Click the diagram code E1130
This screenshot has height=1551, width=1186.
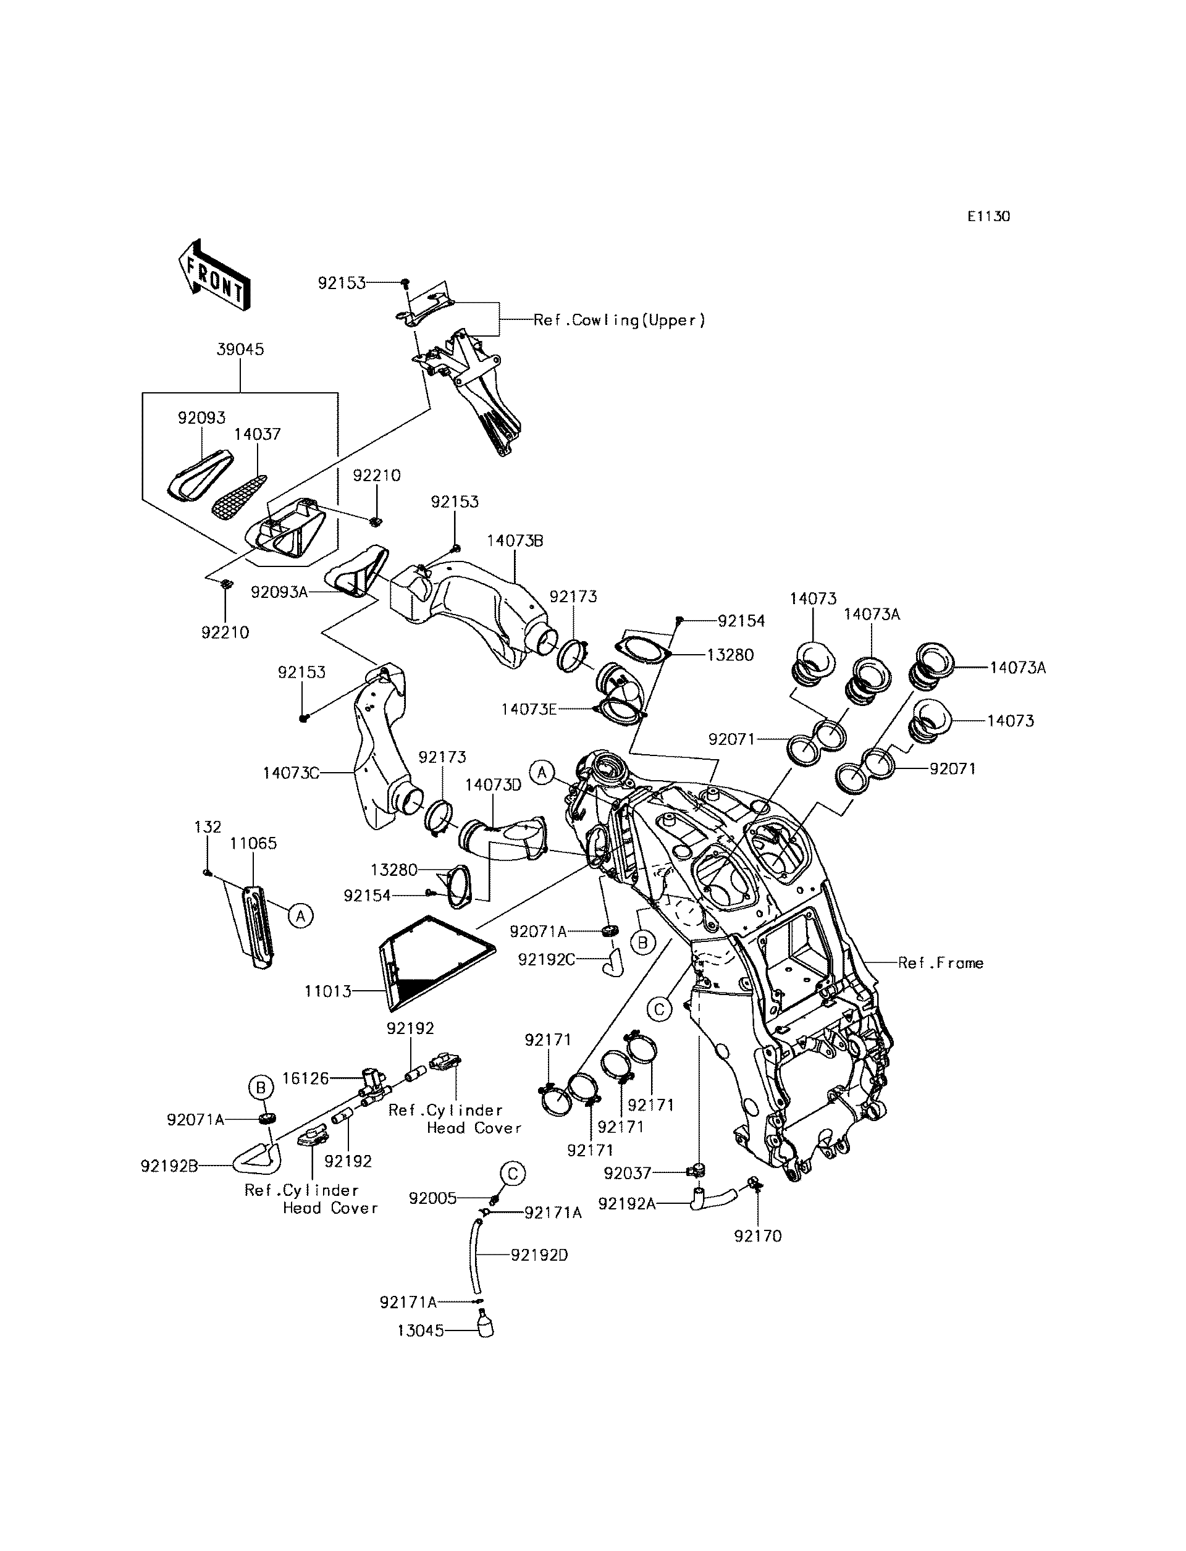coord(988,217)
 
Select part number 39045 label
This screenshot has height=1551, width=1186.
coord(240,350)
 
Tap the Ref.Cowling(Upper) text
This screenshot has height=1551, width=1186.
coord(619,320)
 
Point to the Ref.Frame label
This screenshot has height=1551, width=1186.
coord(940,963)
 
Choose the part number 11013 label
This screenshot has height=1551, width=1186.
coord(327,991)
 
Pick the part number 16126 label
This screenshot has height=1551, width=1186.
coord(306,1078)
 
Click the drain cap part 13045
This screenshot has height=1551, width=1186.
coord(484,1325)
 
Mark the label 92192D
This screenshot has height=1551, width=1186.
coord(539,1255)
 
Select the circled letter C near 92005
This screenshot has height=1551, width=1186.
coord(513,1174)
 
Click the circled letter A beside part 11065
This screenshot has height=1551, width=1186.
coord(301,917)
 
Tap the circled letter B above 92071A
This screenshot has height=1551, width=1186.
coord(261,1088)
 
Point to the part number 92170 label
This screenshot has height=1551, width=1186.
coord(757,1236)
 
